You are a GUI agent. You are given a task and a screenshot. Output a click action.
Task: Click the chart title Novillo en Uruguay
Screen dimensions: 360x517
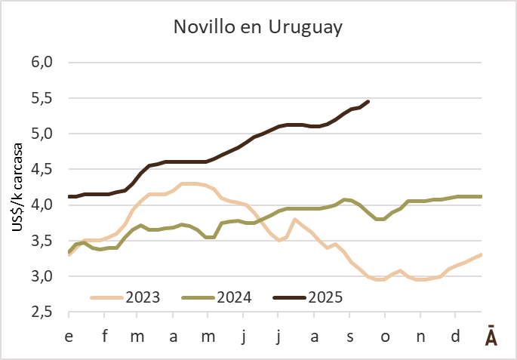(258, 28)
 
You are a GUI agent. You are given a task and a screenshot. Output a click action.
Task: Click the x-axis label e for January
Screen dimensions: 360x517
(69, 335)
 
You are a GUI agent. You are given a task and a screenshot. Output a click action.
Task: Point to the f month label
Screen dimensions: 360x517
(105, 335)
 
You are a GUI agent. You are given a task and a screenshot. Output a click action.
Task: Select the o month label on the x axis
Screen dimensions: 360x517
(386, 335)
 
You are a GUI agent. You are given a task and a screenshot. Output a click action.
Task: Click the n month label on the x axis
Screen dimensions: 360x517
(421, 335)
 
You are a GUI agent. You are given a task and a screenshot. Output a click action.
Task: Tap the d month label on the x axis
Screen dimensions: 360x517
(456, 335)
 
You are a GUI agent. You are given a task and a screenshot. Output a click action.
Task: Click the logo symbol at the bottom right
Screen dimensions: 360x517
(491, 337)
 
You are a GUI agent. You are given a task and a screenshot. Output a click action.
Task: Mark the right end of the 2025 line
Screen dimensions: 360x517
(368, 101)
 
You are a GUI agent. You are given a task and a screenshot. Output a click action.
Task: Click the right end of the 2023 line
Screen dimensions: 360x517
(482, 254)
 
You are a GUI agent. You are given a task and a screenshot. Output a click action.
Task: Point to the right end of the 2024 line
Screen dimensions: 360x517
(482, 196)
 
